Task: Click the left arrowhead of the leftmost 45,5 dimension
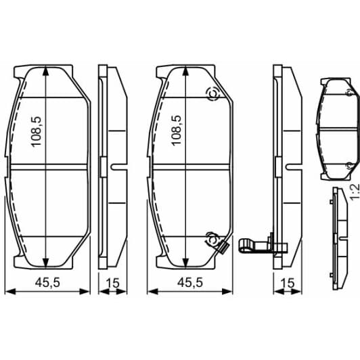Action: [x=16, y=292]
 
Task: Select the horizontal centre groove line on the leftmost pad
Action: [x=51, y=166]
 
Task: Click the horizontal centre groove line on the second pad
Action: [x=193, y=166]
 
